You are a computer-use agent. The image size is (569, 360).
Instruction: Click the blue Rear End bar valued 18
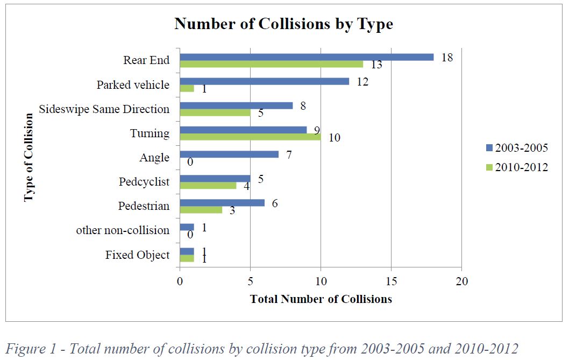pos(307,57)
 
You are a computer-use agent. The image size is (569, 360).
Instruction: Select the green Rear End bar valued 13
pos(271,64)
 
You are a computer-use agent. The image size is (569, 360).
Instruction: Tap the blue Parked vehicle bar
pos(264,81)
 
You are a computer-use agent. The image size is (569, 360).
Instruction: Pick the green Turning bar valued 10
pos(250,137)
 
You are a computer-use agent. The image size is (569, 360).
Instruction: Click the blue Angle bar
pos(229,154)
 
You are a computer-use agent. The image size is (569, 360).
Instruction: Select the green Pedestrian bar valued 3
pos(201,210)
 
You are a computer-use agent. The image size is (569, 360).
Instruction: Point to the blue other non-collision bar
pos(187,227)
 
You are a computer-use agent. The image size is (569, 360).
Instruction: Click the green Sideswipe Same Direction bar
pos(215,112)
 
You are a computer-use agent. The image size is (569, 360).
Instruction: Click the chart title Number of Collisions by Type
pos(283,24)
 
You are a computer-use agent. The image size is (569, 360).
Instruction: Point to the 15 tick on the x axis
pos(391,281)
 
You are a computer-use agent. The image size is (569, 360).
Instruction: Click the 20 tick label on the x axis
pos(461,281)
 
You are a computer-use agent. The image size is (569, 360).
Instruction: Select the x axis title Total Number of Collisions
pos(321,299)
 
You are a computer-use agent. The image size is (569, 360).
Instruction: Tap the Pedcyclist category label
pos(144,182)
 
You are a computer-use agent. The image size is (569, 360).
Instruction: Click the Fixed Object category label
pos(137,255)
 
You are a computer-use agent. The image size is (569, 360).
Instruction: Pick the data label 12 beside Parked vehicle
pos(362,81)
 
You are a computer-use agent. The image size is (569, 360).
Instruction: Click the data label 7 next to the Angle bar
pos(289,154)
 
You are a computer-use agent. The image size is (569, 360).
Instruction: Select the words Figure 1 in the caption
pos(33,349)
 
